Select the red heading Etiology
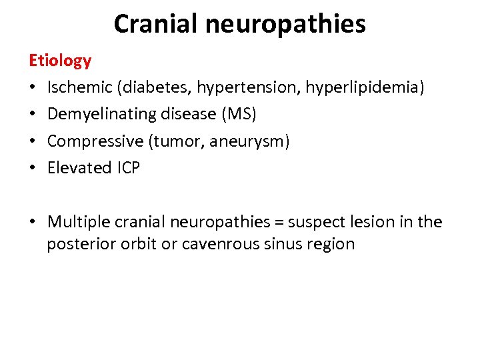pos(60,61)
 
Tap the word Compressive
pos(90,141)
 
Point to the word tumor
pos(175,141)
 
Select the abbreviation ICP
pos(127,168)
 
